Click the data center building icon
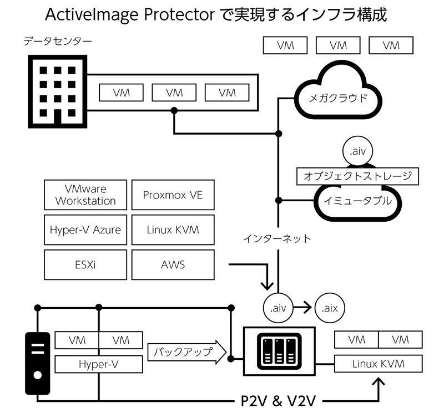[58, 91]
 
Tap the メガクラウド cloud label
[338, 99]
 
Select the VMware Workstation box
[85, 195]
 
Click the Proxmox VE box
[173, 195]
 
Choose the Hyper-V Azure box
[85, 230]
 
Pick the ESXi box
[85, 265]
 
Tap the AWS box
[173, 265]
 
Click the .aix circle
[330, 308]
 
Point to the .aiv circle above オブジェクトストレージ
[357, 151]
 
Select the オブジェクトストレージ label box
[357, 176]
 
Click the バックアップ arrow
[187, 352]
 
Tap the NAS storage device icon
[279, 351]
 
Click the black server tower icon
[38, 363]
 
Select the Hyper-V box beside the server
[99, 364]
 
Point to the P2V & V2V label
[278, 401]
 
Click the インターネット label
[277, 239]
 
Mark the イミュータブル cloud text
[357, 201]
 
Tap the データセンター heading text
[58, 42]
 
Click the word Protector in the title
[179, 15]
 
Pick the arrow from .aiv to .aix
[302, 308]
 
